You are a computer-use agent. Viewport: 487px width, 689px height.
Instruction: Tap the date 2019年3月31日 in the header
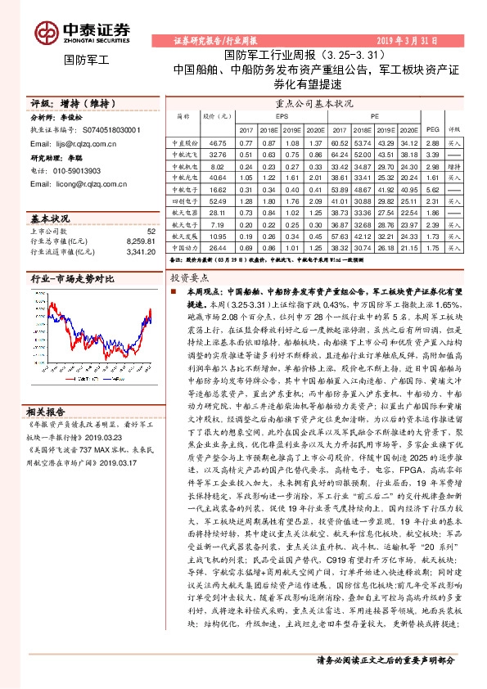tap(434, 40)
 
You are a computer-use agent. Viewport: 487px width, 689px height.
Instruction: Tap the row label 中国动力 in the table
tap(181, 246)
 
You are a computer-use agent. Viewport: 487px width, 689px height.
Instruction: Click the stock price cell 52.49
tap(218, 200)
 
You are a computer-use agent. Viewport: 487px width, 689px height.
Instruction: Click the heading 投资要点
tap(185, 278)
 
